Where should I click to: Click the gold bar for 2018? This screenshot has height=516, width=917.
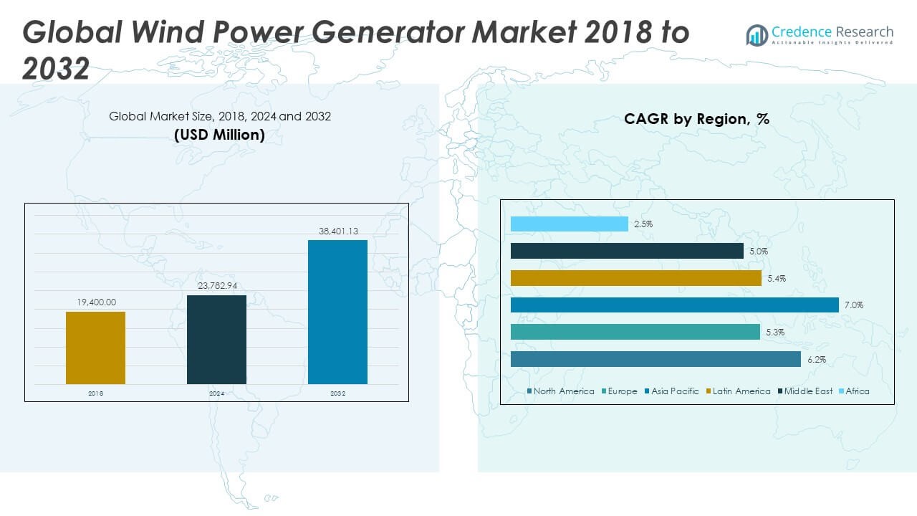click(95, 348)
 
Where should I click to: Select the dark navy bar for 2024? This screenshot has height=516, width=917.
click(216, 340)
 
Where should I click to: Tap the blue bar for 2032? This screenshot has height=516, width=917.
click(337, 312)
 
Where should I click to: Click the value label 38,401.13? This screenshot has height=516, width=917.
click(339, 231)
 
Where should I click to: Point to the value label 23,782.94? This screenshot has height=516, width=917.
click(217, 285)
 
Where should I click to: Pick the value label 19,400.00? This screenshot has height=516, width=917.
click(97, 302)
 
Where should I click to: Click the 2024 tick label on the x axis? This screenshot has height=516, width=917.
click(216, 393)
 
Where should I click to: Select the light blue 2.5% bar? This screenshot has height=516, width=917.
click(570, 224)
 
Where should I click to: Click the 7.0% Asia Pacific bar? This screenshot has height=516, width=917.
click(675, 305)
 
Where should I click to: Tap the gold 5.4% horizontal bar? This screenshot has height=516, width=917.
click(635, 279)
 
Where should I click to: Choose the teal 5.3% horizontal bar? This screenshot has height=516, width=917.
click(635, 332)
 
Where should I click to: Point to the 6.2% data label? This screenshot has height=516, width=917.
click(817, 360)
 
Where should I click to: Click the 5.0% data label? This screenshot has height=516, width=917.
click(759, 252)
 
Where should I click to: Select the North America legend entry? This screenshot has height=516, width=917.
click(560, 391)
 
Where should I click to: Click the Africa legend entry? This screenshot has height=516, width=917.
click(854, 391)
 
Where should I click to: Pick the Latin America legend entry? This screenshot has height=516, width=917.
click(738, 391)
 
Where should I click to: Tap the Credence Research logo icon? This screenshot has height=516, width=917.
click(757, 35)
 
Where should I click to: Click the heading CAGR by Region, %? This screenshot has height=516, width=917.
click(697, 119)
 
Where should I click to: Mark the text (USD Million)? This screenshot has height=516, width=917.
click(219, 135)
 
